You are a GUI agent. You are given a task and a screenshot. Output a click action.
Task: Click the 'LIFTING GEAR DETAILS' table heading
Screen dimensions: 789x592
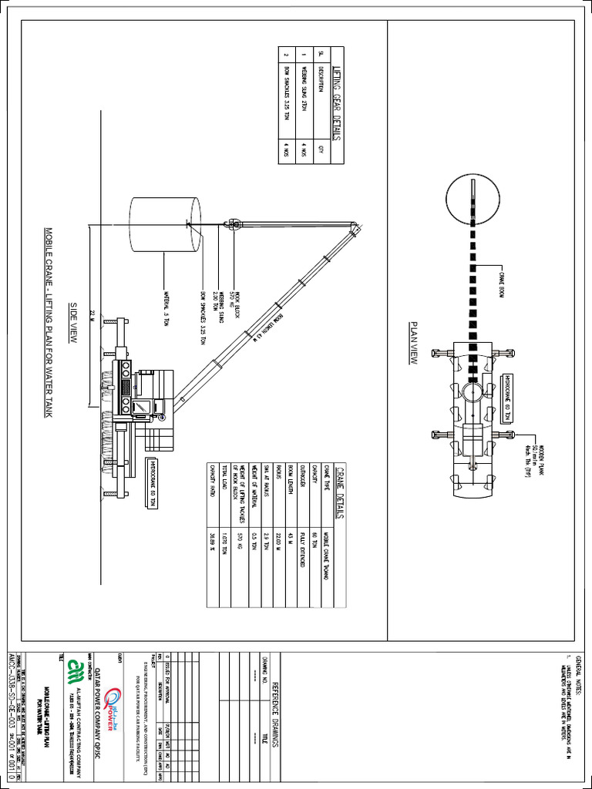(x=336, y=104)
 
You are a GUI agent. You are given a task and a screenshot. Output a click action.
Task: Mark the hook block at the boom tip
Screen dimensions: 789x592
(x=233, y=225)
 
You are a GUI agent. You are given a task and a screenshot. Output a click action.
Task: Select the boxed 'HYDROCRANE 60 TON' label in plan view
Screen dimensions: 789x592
(x=506, y=398)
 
